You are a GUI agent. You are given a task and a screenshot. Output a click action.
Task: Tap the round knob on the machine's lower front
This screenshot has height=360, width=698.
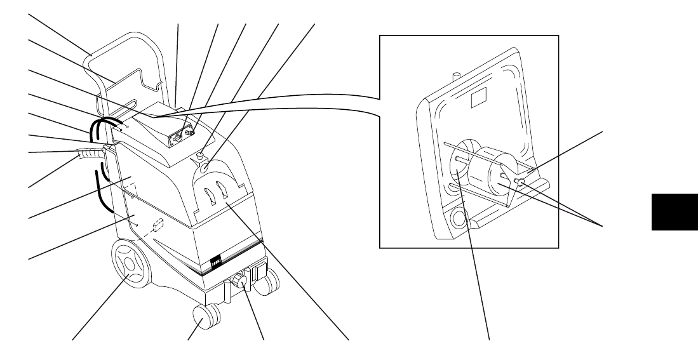point(241,281)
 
